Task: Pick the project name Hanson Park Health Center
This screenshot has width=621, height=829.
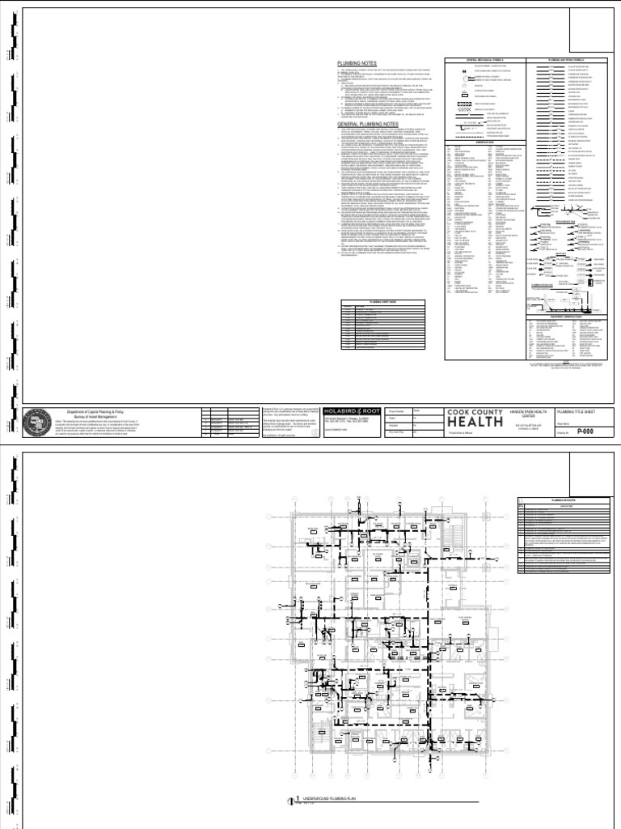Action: click(x=526, y=413)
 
